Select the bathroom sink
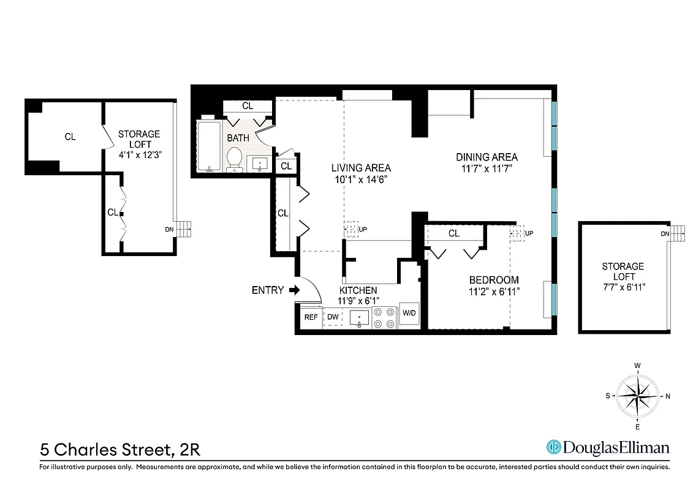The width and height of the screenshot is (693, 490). point(260,164)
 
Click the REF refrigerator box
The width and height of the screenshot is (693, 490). point(311,317)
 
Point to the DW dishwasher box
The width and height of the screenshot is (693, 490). point(333,317)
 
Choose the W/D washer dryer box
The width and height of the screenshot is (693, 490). point(409,314)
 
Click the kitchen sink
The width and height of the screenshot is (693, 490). point(360,318)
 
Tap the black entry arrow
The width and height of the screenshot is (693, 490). point(294,290)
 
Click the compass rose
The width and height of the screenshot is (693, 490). point(638,396)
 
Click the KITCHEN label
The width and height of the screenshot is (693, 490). point(358,290)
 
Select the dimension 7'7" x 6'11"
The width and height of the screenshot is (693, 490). point(623,277)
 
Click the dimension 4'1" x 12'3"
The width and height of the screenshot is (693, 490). point(139,155)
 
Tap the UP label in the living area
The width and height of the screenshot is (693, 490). point(363,230)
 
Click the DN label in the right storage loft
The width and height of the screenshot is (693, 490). point(665,234)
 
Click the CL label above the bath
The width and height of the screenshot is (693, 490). point(248,106)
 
